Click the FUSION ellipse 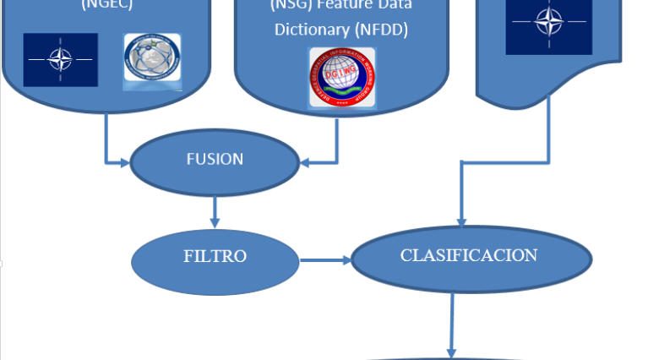pos(214,159)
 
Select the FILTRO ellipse pos(215,256)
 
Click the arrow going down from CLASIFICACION pos(452,325)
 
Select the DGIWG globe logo pos(341,77)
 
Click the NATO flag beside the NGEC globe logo pos(60,60)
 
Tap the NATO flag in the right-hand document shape pos(548,23)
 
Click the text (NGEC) pos(107,4)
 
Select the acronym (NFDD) pos(383,30)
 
